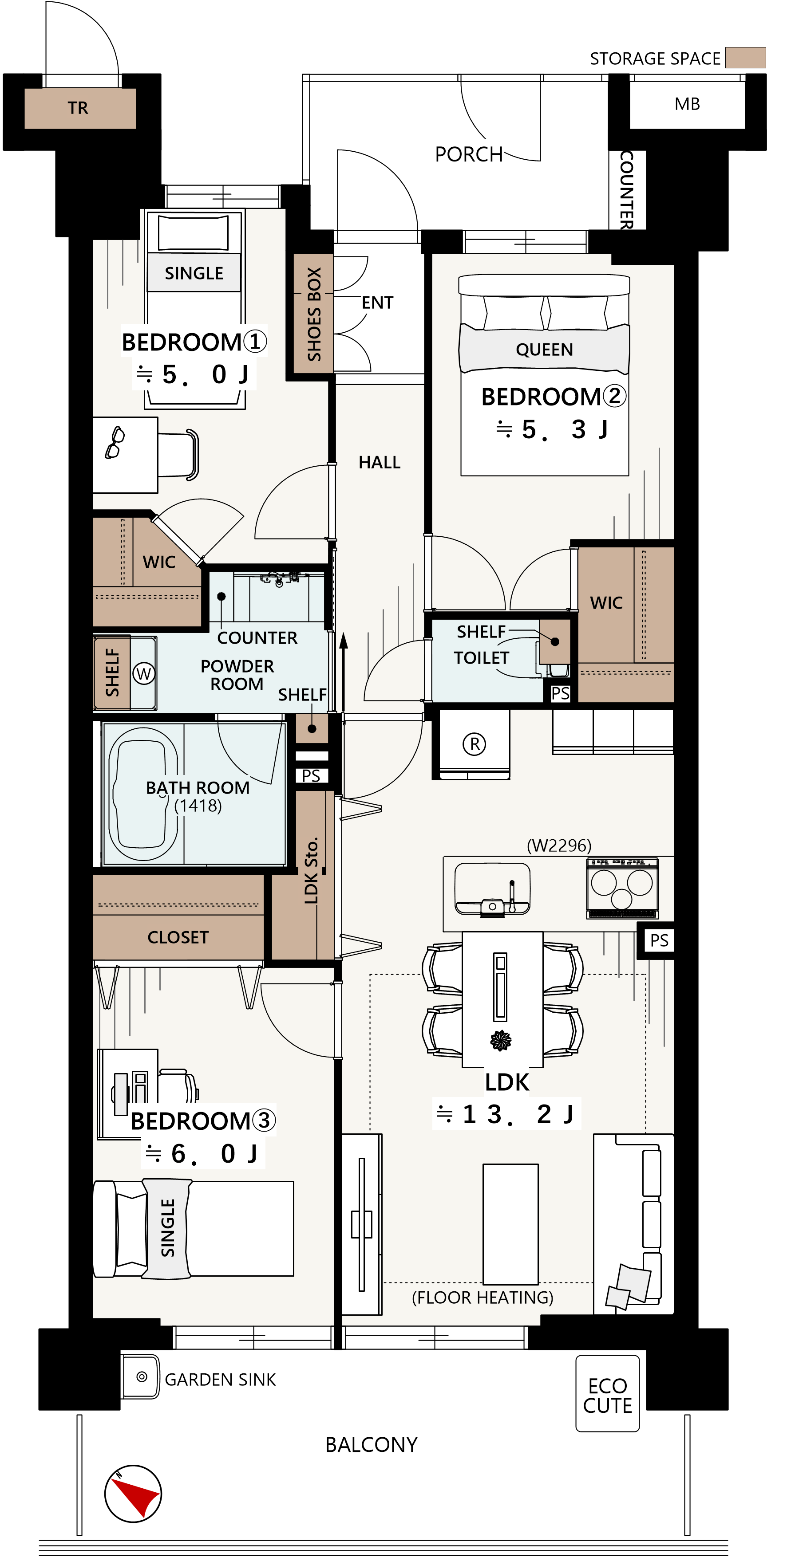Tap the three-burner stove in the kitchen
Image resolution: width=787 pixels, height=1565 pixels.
[x=622, y=888]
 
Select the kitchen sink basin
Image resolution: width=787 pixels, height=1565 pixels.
[x=492, y=888]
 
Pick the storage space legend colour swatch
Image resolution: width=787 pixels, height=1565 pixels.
[x=746, y=58]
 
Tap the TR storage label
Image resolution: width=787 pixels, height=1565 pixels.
[x=78, y=108]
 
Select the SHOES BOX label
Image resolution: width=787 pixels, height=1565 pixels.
[x=313, y=314]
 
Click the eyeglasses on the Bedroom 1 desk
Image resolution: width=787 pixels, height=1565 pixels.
[x=114, y=442]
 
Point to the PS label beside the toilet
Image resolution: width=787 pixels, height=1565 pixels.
[x=560, y=693]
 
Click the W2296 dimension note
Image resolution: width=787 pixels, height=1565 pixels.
[x=558, y=845]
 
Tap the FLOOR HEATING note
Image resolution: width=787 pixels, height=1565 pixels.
[x=482, y=1297]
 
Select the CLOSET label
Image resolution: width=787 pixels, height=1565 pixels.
[x=178, y=937]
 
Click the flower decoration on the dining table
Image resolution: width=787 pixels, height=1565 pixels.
[x=501, y=1041]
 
